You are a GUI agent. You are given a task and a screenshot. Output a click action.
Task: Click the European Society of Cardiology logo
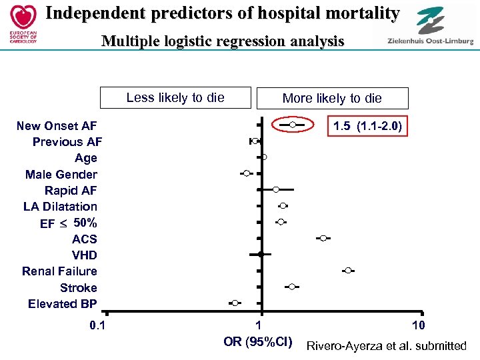tap(20, 23)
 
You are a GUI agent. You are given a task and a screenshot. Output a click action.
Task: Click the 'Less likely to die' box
tap(175, 97)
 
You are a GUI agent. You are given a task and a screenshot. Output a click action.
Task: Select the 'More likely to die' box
tap(332, 98)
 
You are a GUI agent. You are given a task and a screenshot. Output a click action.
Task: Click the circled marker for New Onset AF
tap(292, 125)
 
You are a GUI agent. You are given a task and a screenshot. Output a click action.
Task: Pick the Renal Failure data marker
tap(348, 270)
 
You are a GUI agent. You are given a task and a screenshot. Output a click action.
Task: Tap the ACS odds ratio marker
tap(323, 238)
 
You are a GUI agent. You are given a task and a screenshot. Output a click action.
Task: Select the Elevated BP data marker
tap(234, 303)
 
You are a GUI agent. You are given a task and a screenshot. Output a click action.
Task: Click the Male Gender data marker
tap(247, 173)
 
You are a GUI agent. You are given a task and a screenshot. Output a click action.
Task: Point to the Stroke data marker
tap(292, 287)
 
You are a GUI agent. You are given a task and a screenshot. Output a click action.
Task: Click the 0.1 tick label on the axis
tap(98, 325)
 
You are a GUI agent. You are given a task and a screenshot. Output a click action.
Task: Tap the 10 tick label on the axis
tap(418, 325)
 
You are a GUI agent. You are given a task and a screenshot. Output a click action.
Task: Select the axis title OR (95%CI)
tap(258, 342)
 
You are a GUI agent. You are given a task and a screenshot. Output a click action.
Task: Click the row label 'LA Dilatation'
tap(60, 207)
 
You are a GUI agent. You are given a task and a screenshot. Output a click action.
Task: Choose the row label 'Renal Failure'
tap(59, 271)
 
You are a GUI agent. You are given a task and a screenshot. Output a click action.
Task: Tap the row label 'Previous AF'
tap(67, 142)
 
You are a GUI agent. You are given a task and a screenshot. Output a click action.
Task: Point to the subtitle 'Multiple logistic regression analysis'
tap(223, 41)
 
